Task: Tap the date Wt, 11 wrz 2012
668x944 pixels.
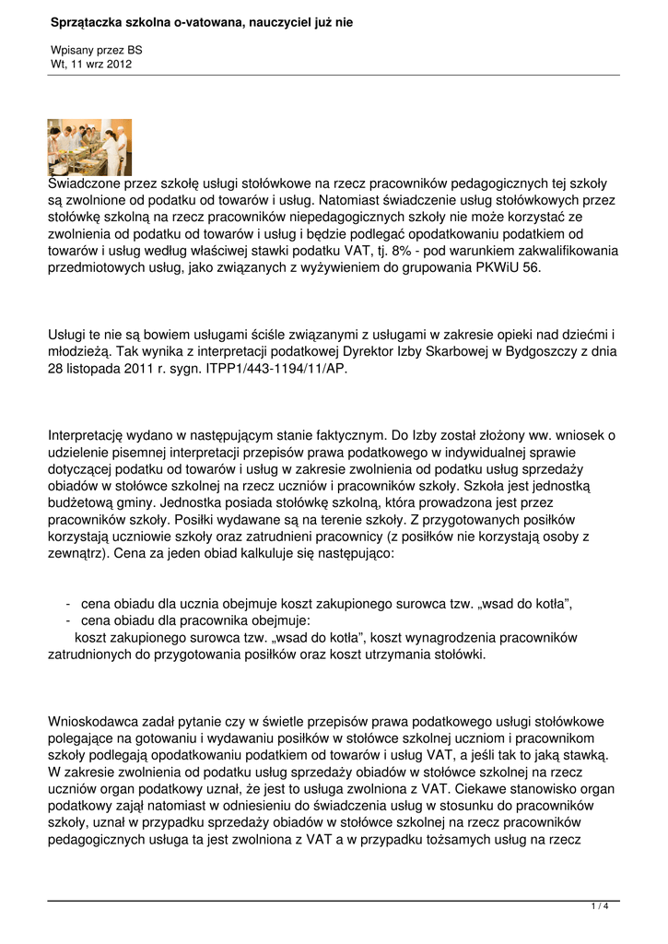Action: pos(91,65)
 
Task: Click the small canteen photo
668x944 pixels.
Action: pos(89,147)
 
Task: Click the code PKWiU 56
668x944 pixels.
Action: pos(514,267)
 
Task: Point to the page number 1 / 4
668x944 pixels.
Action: pos(600,907)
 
